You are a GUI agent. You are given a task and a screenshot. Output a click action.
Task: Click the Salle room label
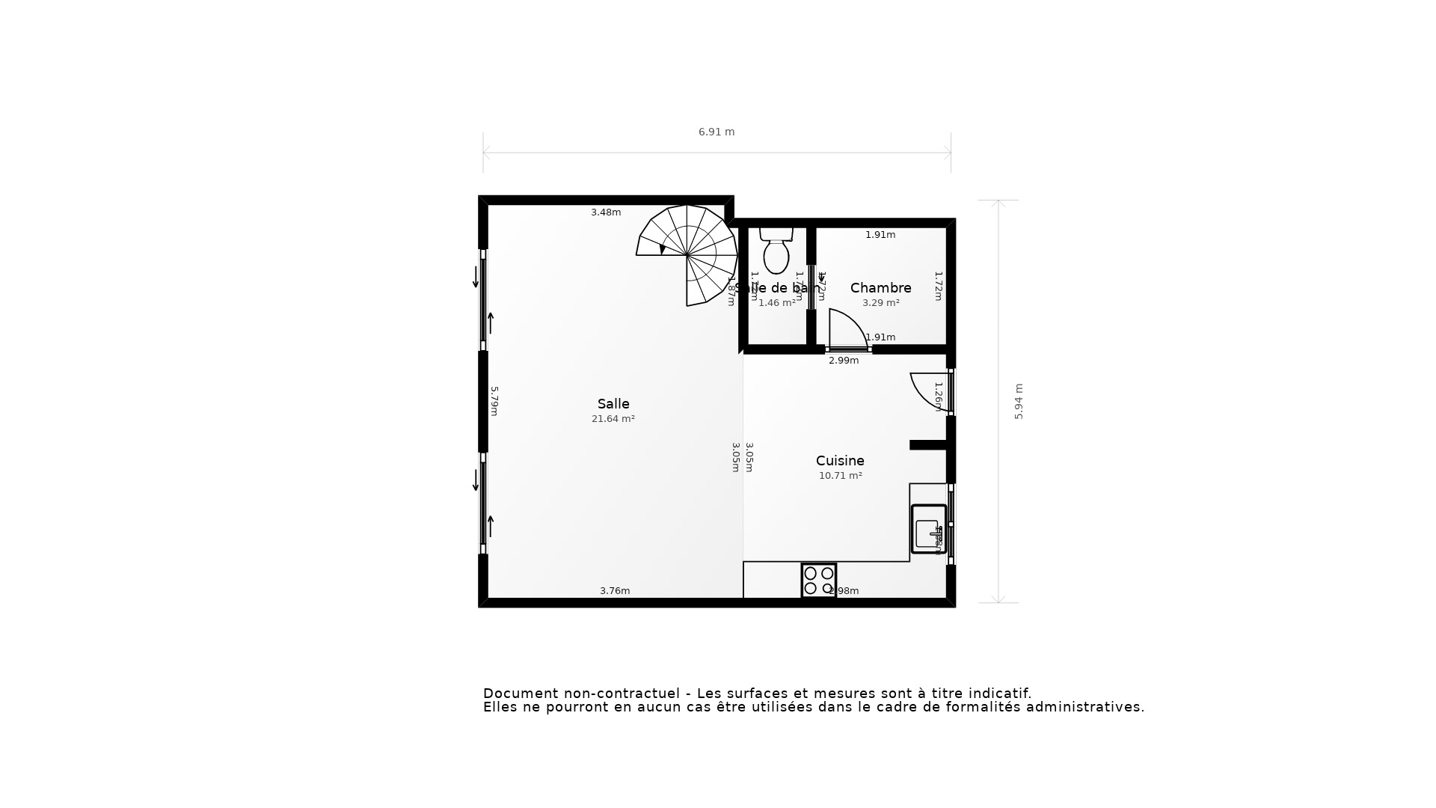(x=613, y=404)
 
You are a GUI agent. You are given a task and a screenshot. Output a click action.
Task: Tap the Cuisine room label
(x=840, y=461)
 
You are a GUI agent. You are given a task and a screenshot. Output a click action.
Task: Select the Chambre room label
(x=880, y=288)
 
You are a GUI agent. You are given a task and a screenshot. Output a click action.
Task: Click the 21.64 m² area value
(x=613, y=419)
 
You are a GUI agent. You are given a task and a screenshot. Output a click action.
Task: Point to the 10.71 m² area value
(x=840, y=476)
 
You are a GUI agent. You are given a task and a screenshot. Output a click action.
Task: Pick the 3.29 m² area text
(x=880, y=303)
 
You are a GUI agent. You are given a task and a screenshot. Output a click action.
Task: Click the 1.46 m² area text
(x=776, y=303)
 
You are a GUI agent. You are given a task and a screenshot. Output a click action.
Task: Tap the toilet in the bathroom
(x=776, y=251)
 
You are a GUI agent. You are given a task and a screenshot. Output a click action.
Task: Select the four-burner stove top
(x=818, y=581)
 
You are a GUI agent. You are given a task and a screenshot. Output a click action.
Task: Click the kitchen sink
(x=928, y=529)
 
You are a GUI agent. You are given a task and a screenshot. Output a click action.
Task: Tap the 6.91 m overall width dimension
(x=717, y=132)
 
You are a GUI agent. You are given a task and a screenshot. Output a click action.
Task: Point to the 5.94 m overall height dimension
(x=1019, y=401)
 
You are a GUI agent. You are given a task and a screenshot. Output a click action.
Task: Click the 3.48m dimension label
(x=606, y=212)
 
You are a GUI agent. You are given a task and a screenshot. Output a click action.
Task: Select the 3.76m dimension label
(x=615, y=591)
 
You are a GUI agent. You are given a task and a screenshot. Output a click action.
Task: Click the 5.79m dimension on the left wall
(x=494, y=401)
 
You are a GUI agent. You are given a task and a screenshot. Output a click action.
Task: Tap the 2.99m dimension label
(x=844, y=361)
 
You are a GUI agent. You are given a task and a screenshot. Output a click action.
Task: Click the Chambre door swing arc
(x=847, y=329)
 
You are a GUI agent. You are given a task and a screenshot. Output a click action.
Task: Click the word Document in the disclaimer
(x=521, y=694)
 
